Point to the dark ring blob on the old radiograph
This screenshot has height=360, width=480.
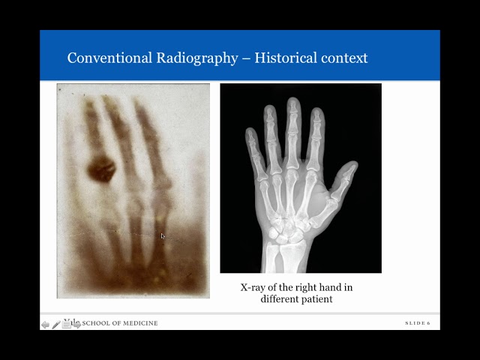click(100, 168)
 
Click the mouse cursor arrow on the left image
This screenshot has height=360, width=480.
click(163, 236)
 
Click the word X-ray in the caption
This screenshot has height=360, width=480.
click(255, 287)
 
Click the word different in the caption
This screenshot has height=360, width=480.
click(277, 299)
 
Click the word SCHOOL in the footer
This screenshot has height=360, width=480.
click(97, 323)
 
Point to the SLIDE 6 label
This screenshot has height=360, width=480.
click(417, 323)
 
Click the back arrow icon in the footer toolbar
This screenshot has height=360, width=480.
click(46, 325)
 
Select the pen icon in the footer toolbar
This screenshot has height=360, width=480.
click(56, 325)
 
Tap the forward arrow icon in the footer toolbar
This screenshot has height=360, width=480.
click(76, 325)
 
